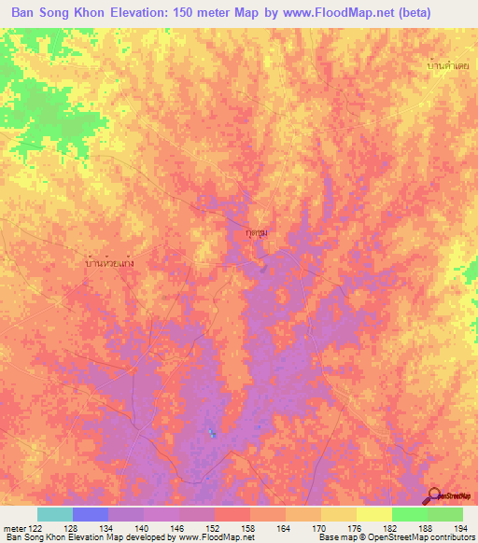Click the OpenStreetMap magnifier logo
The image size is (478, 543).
click(435, 494)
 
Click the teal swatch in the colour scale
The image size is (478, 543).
click(55, 514)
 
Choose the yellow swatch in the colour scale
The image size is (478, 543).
click(373, 514)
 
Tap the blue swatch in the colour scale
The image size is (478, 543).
click(91, 514)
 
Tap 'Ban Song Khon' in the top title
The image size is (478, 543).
click(58, 14)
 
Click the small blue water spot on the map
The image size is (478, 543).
click(212, 433)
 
